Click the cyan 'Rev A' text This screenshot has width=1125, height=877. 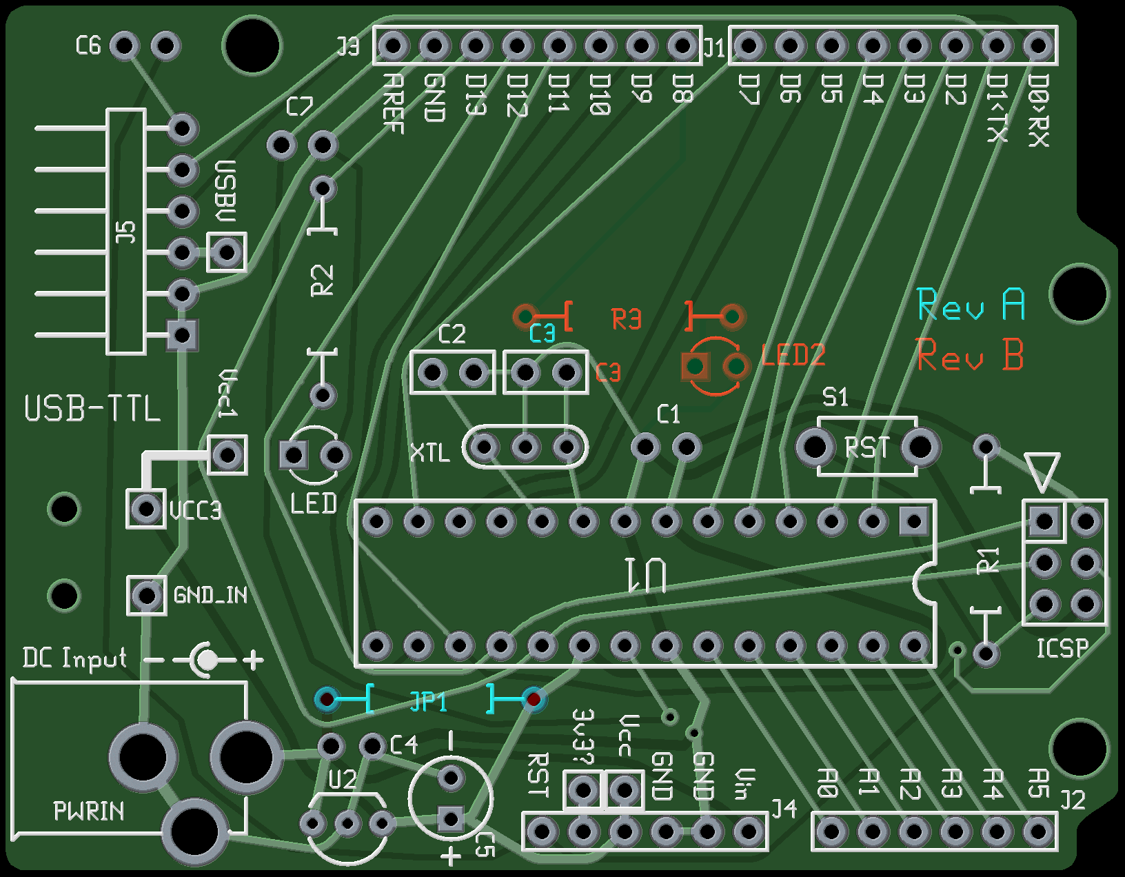[971, 305]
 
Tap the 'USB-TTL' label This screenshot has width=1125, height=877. [92, 409]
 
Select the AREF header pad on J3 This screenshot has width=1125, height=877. [392, 46]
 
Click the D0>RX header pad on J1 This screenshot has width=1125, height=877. [1037, 46]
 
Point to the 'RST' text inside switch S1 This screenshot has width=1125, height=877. [867, 448]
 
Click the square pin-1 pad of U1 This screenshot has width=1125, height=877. [914, 521]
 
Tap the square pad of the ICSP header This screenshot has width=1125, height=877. [1044, 521]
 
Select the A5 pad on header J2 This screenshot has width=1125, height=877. [1037, 831]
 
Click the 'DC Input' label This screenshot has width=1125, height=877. [74, 658]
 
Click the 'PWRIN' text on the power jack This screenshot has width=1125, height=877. [89, 811]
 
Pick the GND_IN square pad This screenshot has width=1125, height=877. [146, 595]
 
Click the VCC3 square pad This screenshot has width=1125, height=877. [146, 509]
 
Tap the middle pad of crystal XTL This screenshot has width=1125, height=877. [525, 447]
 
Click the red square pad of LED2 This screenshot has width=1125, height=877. [696, 366]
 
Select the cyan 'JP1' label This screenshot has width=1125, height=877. [428, 701]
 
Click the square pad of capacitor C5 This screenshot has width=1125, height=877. [451, 819]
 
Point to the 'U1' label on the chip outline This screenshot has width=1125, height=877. [646, 575]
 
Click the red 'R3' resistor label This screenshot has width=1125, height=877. [627, 319]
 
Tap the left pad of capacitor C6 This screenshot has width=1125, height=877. [124, 46]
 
